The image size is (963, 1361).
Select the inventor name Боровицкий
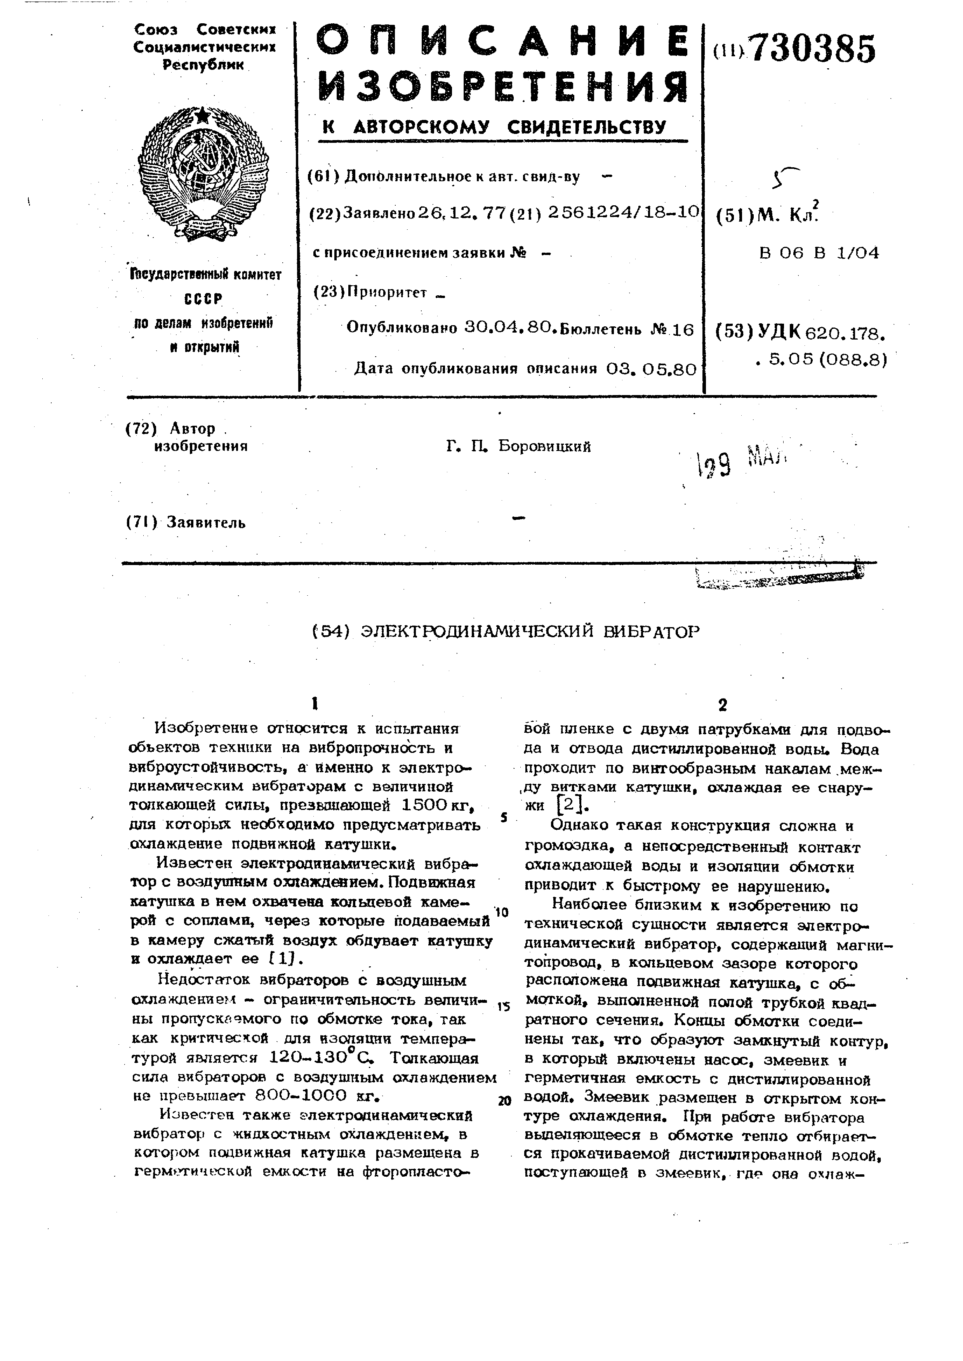point(544,446)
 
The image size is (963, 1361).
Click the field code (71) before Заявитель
point(141,522)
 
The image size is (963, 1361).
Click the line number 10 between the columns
point(501,912)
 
